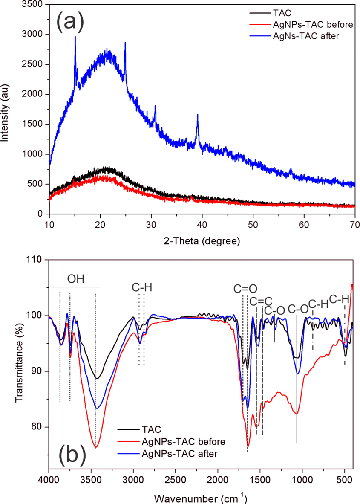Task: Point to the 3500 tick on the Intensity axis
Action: (x=36, y=4)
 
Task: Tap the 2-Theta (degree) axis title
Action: (x=202, y=241)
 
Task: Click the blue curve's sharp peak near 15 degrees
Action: (x=75, y=37)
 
